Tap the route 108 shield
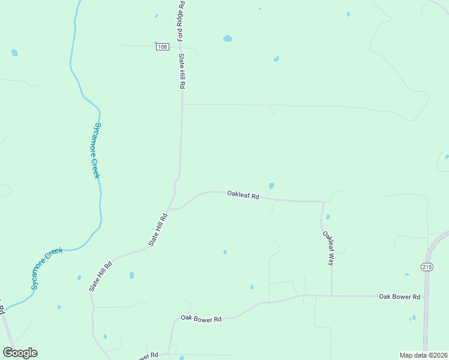161,47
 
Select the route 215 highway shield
427,268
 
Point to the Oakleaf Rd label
243,195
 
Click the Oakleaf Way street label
328,248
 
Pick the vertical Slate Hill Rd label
181,71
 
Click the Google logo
20,353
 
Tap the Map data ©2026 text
423,355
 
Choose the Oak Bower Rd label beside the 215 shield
399,297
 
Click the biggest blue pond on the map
228,39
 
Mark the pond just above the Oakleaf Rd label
271,186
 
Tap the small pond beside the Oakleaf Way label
328,217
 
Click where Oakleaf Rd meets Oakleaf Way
323,202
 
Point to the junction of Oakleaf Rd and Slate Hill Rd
170,209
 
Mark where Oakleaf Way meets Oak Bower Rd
331,295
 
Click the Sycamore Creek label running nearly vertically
95,150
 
